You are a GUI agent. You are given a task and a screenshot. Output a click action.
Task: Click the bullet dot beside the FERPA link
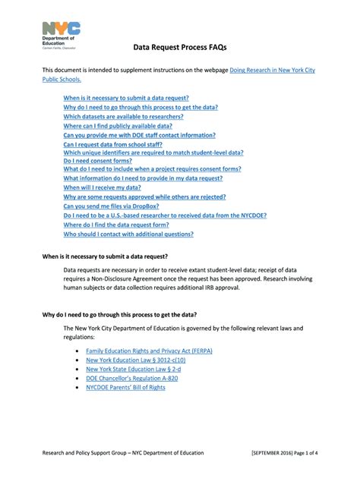[79, 352]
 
